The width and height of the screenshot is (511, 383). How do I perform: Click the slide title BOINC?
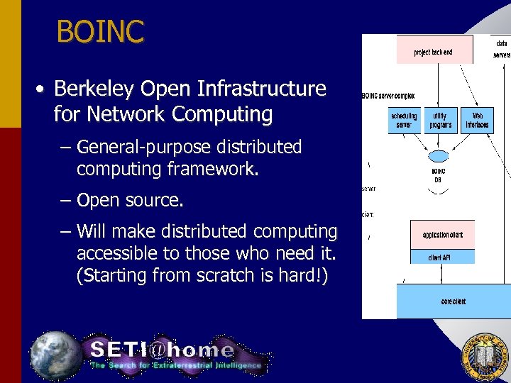point(100,31)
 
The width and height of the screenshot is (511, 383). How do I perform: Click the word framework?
point(207,170)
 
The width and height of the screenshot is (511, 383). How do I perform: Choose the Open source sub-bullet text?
point(130,201)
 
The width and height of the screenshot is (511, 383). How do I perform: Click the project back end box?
point(434,52)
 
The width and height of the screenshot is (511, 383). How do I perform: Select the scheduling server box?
point(403,120)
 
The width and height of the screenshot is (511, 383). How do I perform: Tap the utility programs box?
point(440,120)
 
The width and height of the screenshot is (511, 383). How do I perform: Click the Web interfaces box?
point(477,120)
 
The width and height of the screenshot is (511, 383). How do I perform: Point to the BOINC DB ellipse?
point(439,156)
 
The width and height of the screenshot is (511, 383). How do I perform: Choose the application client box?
point(443,234)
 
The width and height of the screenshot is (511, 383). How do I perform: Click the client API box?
point(440,257)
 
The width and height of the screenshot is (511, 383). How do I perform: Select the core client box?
point(454,301)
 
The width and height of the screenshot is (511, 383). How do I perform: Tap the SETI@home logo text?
point(162,349)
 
